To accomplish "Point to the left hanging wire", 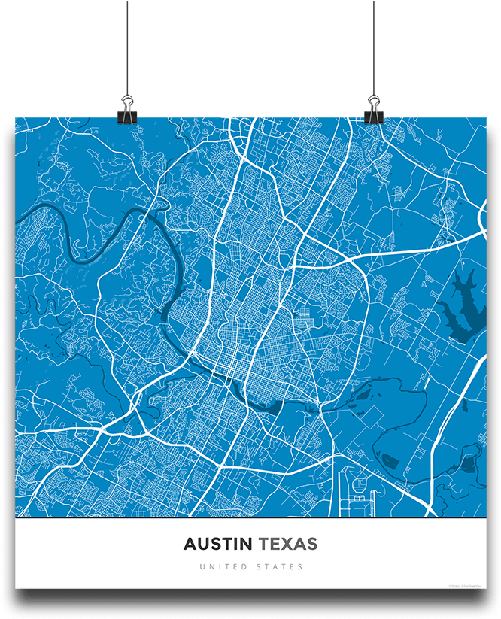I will point(127,45).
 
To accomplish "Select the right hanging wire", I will point(373,45).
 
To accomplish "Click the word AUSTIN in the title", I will point(218,544).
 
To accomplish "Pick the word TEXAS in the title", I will point(288,544).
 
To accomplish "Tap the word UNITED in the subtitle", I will point(223,567).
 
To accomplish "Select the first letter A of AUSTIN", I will point(190,544).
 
